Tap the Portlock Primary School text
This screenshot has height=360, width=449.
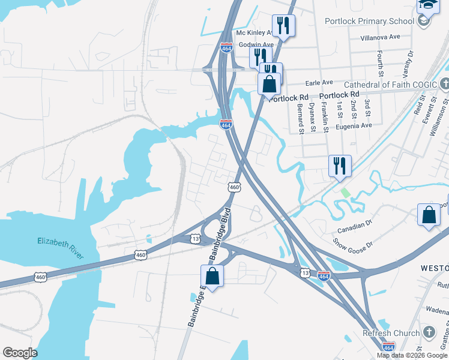pos(369,21)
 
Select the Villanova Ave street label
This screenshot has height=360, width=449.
pos(380,37)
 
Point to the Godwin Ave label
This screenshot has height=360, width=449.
pos(257,44)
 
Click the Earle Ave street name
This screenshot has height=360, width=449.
pos(319,82)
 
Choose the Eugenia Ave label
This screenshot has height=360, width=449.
pos(354,125)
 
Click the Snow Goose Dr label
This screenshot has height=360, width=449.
pos(353,245)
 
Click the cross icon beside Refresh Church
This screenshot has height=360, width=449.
pos(429,332)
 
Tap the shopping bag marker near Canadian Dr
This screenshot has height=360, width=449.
pos(429,215)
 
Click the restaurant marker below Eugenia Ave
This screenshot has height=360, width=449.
pos(340,165)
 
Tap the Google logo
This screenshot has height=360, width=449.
pos(20,353)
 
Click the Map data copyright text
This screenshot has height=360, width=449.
pos(411,355)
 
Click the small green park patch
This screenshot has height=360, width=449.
pos(345,193)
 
